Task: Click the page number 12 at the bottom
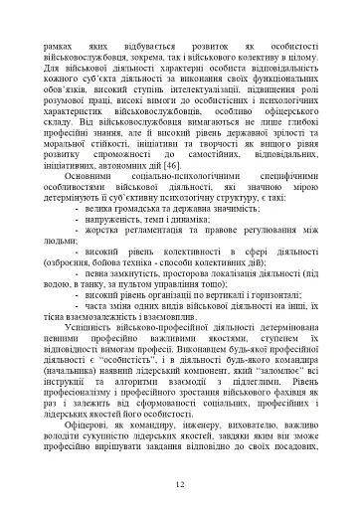coord(180,485)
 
